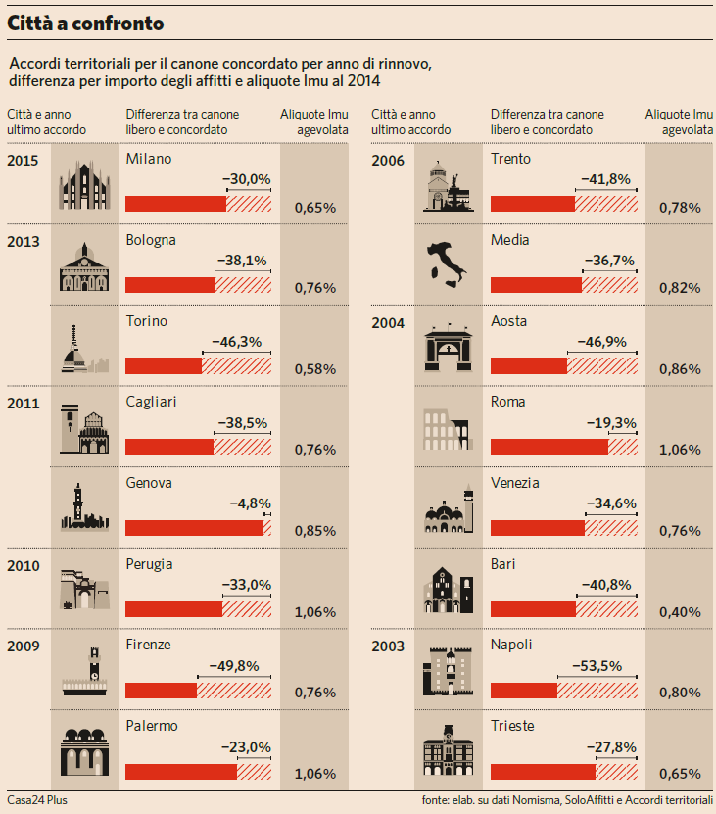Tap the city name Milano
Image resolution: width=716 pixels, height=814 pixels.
click(x=149, y=159)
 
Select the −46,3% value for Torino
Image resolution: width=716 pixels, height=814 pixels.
click(x=236, y=342)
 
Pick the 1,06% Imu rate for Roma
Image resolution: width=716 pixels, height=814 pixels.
click(x=680, y=450)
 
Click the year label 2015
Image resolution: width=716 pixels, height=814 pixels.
click(x=23, y=160)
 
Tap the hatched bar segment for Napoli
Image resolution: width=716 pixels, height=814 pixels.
click(x=597, y=691)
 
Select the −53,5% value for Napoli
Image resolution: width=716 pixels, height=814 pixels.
click(x=597, y=666)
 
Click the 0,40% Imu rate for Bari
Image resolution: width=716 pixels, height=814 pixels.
click(x=680, y=612)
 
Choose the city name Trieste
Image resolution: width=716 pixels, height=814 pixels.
click(x=512, y=726)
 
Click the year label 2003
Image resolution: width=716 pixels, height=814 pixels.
click(x=387, y=646)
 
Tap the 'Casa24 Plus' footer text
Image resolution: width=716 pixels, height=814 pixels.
click(x=37, y=800)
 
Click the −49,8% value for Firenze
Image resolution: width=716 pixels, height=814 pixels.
click(x=234, y=666)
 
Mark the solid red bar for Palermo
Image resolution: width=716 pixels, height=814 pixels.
click(x=181, y=772)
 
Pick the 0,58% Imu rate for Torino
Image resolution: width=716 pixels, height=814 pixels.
click(x=315, y=369)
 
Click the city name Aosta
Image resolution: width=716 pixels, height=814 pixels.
click(x=508, y=321)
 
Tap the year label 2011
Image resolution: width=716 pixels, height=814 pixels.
click(x=23, y=403)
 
